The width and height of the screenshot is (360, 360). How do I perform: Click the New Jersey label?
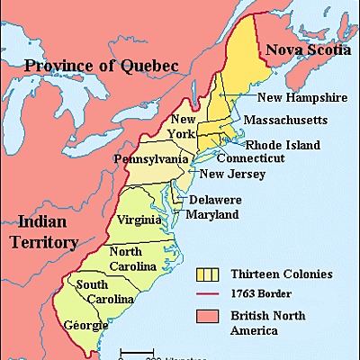(x=230, y=174)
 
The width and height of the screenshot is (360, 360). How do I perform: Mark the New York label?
(x=184, y=127)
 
